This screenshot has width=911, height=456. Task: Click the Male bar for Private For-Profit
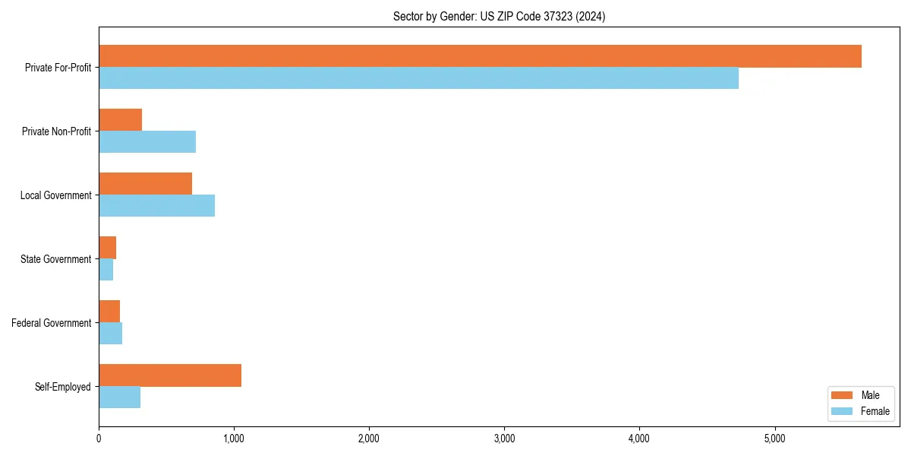click(480, 56)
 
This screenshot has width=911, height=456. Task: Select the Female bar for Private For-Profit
click(418, 78)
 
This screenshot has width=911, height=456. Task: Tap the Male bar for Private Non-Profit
click(120, 120)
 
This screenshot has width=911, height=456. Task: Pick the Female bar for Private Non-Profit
click(147, 142)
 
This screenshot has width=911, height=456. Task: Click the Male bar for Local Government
click(145, 184)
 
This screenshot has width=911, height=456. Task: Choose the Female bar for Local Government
click(156, 206)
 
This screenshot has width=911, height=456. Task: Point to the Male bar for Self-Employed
click(170, 375)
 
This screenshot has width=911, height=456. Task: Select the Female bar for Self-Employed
click(119, 397)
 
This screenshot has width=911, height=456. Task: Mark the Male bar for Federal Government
click(109, 312)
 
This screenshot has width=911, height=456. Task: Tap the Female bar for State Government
click(106, 270)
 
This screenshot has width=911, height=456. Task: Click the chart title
click(499, 16)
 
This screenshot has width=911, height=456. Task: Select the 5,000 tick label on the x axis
click(774, 439)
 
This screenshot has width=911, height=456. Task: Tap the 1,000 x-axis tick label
click(234, 439)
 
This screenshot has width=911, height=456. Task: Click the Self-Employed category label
click(63, 387)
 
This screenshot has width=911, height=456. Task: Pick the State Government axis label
click(56, 259)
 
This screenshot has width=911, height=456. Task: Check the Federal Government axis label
click(52, 323)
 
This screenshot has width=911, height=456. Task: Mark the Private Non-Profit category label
click(57, 131)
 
